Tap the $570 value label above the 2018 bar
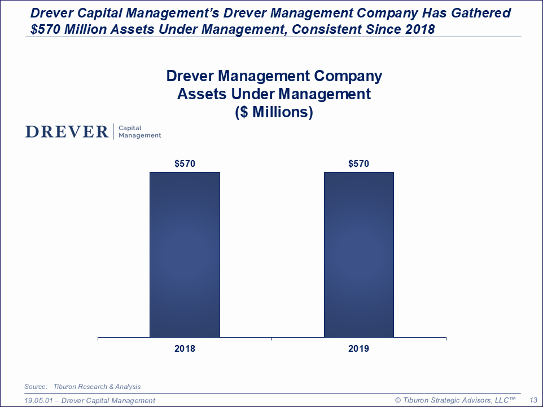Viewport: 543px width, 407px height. (x=185, y=164)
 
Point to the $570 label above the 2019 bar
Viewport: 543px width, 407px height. (x=358, y=164)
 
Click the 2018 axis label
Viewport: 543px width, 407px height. (x=185, y=349)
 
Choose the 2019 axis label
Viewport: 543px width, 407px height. (x=358, y=349)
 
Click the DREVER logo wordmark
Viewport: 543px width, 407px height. (x=67, y=132)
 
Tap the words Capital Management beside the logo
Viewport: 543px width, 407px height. (x=139, y=132)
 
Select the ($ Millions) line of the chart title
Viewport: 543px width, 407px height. (x=274, y=112)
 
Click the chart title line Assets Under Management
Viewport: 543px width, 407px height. (x=274, y=94)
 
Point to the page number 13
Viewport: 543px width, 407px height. (x=532, y=400)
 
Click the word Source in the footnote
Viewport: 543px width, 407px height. (x=36, y=387)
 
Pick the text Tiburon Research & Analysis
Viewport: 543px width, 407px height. (x=97, y=387)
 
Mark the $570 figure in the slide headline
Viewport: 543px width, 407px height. (x=46, y=29)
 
